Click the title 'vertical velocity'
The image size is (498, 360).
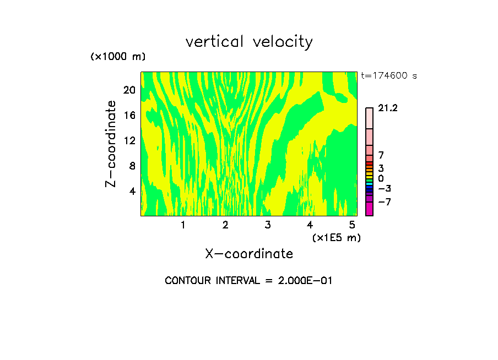[x=249, y=42]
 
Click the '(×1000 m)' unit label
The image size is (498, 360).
[x=118, y=57]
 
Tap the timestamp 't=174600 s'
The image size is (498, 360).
[x=389, y=76]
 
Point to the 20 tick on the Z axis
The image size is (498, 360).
[x=129, y=90]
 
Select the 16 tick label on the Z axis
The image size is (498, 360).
[x=129, y=115]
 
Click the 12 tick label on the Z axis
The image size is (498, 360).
[x=129, y=140]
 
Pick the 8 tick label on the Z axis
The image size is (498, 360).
[x=132, y=166]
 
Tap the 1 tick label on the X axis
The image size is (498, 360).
[x=183, y=225]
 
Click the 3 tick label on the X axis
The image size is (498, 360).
[x=268, y=225]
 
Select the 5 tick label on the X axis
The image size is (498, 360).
[x=352, y=225]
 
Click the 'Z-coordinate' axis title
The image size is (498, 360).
[x=111, y=144]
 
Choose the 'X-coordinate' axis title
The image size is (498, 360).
[x=249, y=254]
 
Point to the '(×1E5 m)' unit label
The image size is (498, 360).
[x=336, y=238]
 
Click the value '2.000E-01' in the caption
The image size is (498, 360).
[x=304, y=281]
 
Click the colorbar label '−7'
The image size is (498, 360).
[x=385, y=202]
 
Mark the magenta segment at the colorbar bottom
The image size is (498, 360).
[x=369, y=209]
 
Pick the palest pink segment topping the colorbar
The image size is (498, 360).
[x=369, y=118]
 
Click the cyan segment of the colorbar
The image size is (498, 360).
[x=369, y=184]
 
